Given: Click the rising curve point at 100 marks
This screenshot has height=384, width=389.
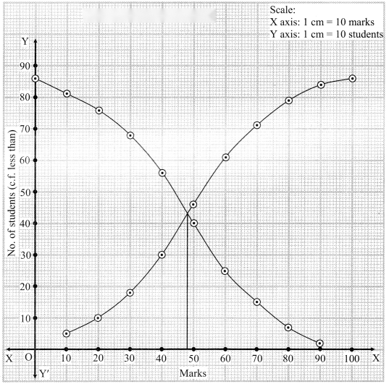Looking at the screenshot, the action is coord(352,79).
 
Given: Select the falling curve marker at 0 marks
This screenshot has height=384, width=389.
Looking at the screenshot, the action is coord(35,79).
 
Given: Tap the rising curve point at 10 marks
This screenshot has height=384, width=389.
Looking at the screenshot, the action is coord(66,333).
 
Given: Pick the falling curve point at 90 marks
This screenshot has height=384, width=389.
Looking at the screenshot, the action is coord(319,343).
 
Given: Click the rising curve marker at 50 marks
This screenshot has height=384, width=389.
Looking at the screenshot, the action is coord(193,205).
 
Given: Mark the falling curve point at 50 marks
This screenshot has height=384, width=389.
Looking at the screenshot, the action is coord(194,223).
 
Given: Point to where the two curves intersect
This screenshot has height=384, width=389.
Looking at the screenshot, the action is coord(187,213).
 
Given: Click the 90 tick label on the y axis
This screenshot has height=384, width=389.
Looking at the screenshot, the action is coord(25,66).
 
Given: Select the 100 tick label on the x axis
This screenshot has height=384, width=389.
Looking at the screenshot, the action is coord(352,359).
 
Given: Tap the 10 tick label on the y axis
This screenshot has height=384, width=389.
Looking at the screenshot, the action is coord(25,318).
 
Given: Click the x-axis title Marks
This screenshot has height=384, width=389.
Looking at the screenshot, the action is coord(193,373).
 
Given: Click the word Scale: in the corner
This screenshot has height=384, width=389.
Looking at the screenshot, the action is coord(283,10).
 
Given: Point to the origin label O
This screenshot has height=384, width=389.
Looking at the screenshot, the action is coord(28,357).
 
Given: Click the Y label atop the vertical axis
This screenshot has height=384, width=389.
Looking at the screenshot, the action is coord(25,41).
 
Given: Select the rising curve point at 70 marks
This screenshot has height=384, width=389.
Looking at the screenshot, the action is coord(257,125).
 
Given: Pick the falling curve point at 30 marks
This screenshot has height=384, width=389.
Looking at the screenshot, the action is coord(130,135).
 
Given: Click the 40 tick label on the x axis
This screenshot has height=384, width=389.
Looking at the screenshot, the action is coord(162,359).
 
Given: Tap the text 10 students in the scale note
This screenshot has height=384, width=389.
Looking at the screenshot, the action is coord(359,34).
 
